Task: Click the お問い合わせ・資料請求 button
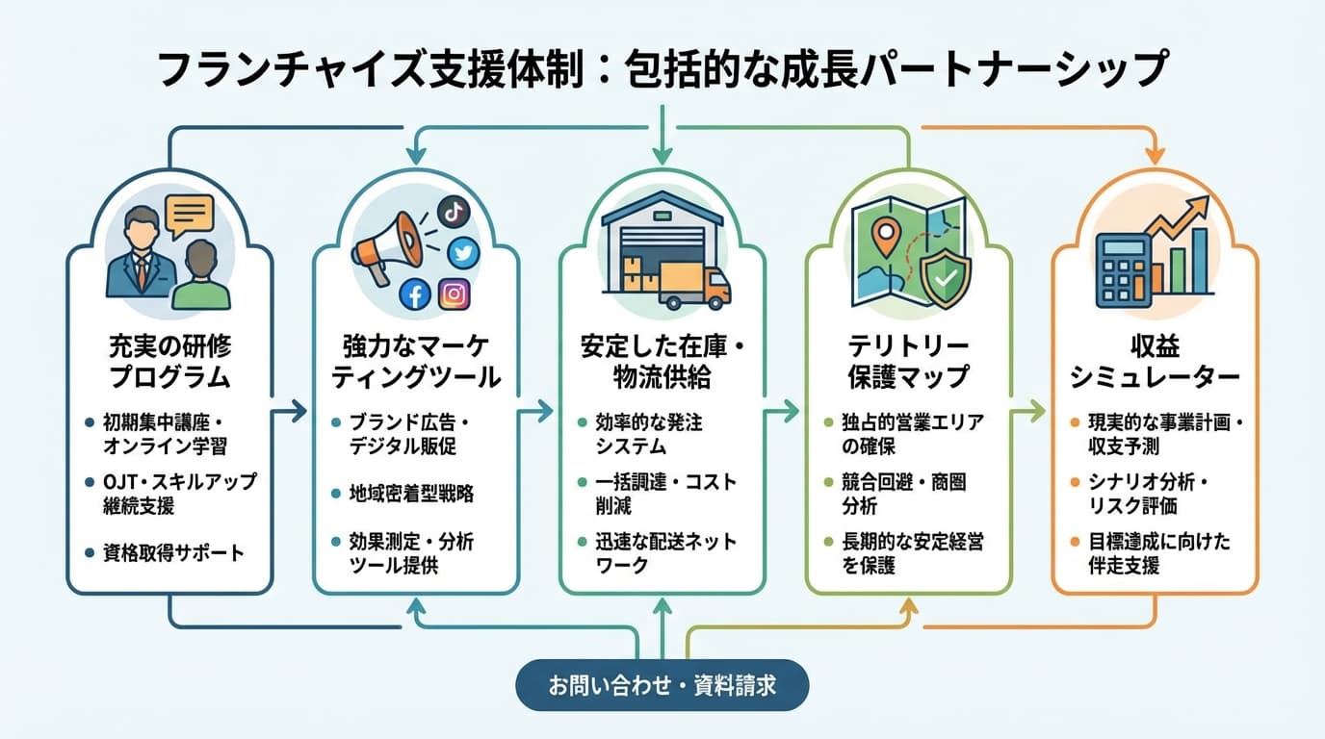(662, 685)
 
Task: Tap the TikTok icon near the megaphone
(454, 211)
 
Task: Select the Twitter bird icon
(463, 251)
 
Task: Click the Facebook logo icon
(415, 293)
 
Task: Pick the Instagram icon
(455, 293)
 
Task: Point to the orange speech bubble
(189, 216)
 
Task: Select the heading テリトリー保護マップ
(908, 361)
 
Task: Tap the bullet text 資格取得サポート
(173, 552)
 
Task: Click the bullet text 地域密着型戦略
(411, 495)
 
